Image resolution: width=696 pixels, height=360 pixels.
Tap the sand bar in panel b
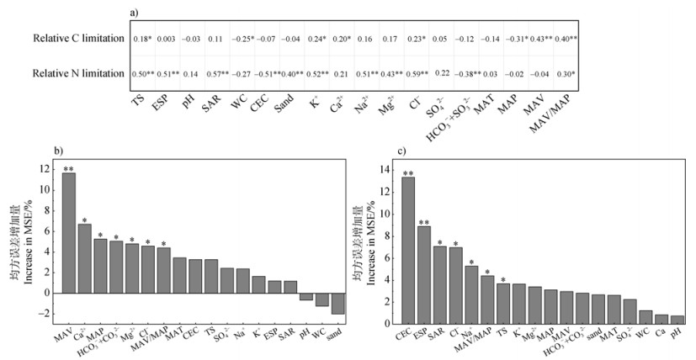coord(338,304)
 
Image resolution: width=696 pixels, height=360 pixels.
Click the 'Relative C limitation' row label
coord(78,39)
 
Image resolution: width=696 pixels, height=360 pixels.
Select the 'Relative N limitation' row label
coord(78,73)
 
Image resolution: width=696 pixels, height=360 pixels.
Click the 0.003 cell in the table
coord(167,40)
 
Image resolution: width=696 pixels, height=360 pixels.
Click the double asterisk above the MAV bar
coord(68,169)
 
